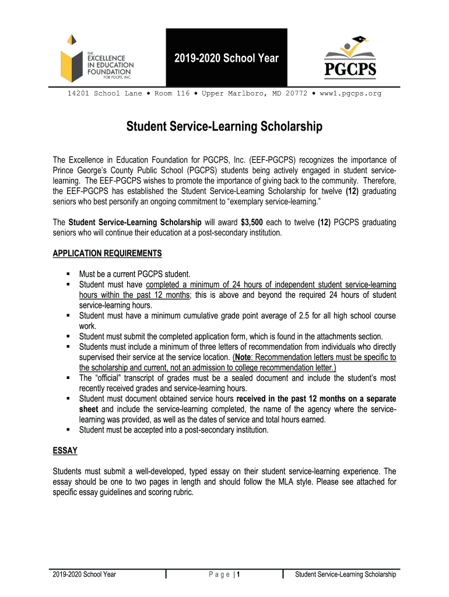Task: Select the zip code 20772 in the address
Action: click(295, 93)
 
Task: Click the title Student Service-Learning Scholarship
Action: click(224, 127)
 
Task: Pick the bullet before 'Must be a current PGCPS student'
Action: click(68, 273)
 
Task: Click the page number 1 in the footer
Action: click(239, 574)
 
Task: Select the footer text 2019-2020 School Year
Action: click(84, 574)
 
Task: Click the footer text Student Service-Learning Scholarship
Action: click(346, 574)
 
